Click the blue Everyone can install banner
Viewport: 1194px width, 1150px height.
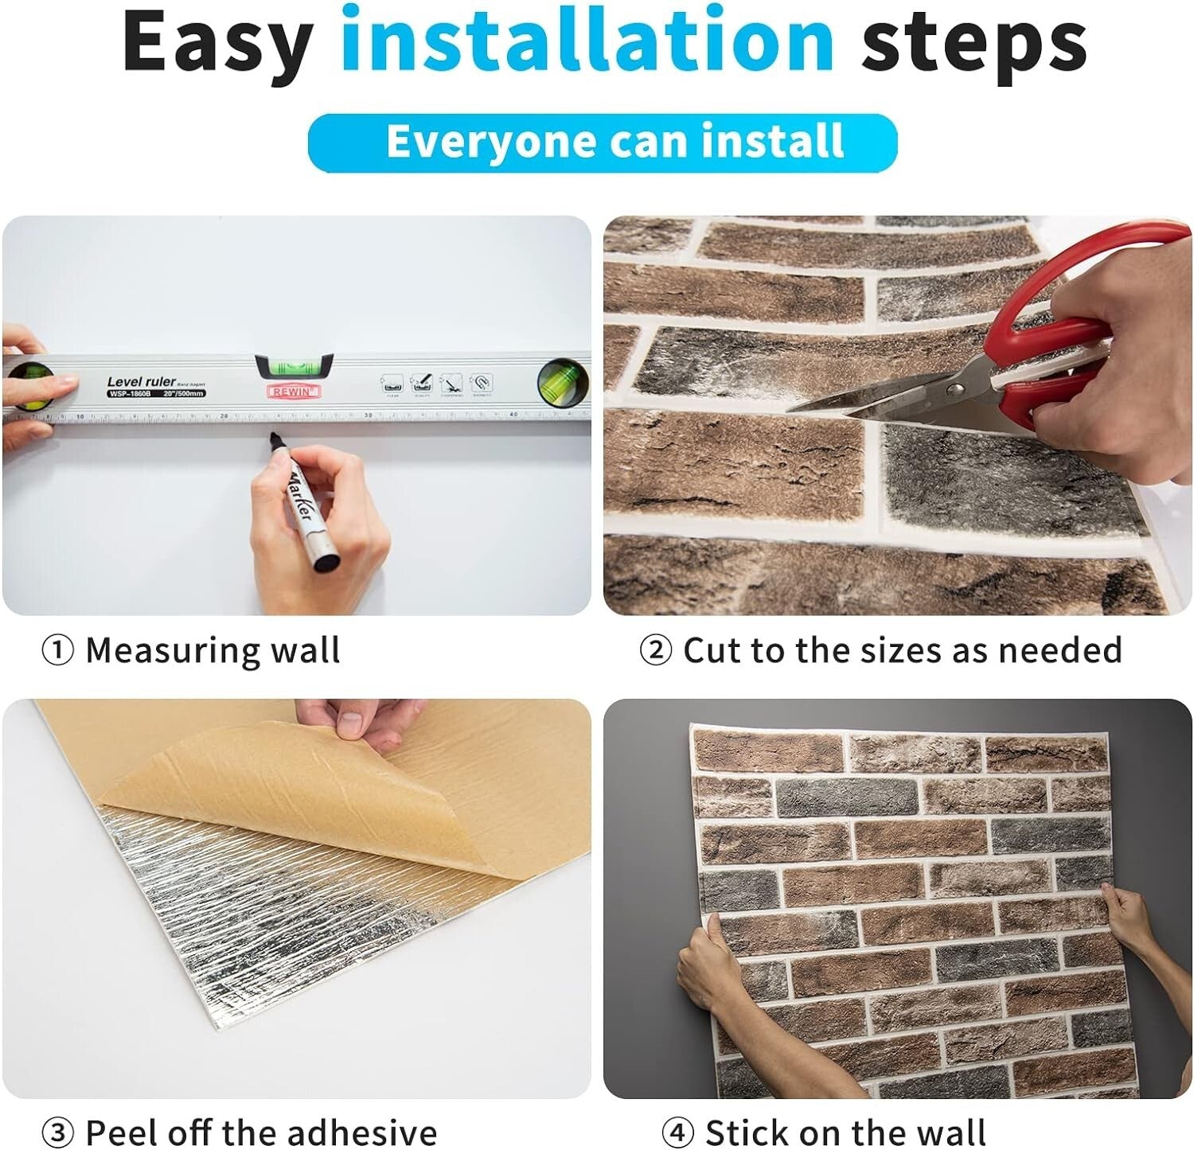(603, 142)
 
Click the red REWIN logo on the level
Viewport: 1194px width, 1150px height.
(294, 392)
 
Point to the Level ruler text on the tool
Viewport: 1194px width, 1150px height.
(141, 382)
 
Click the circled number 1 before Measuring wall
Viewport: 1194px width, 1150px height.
(57, 651)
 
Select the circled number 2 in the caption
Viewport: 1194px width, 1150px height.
(656, 651)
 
